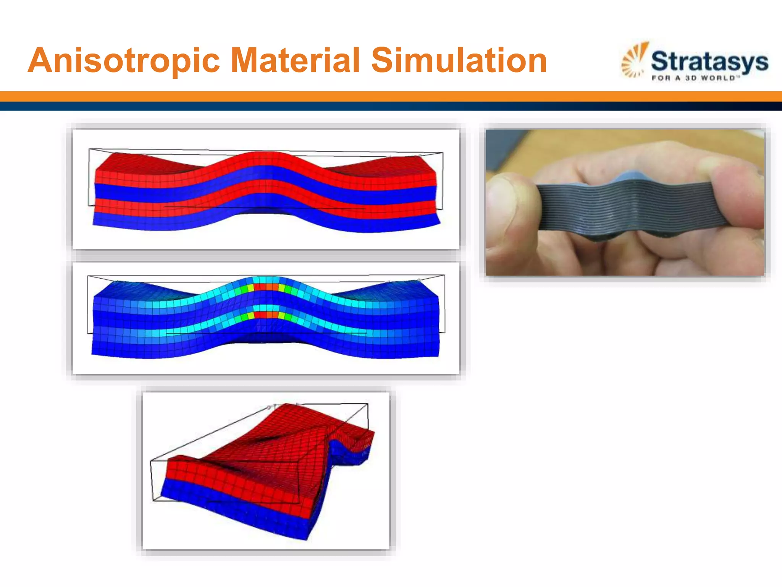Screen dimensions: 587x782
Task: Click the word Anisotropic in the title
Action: click(x=124, y=60)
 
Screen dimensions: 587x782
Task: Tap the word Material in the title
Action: click(x=296, y=60)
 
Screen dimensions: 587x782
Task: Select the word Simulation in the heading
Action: click(x=459, y=60)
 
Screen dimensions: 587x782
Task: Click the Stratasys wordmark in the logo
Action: click(x=709, y=61)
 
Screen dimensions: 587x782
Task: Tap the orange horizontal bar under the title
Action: click(x=391, y=96)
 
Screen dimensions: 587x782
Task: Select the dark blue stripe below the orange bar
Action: click(x=391, y=106)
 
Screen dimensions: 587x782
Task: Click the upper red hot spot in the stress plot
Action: click(x=266, y=287)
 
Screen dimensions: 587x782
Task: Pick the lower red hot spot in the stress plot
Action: click(x=266, y=315)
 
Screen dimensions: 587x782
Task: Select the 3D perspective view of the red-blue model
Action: click(x=266, y=470)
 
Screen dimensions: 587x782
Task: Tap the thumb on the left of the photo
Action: click(x=512, y=206)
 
